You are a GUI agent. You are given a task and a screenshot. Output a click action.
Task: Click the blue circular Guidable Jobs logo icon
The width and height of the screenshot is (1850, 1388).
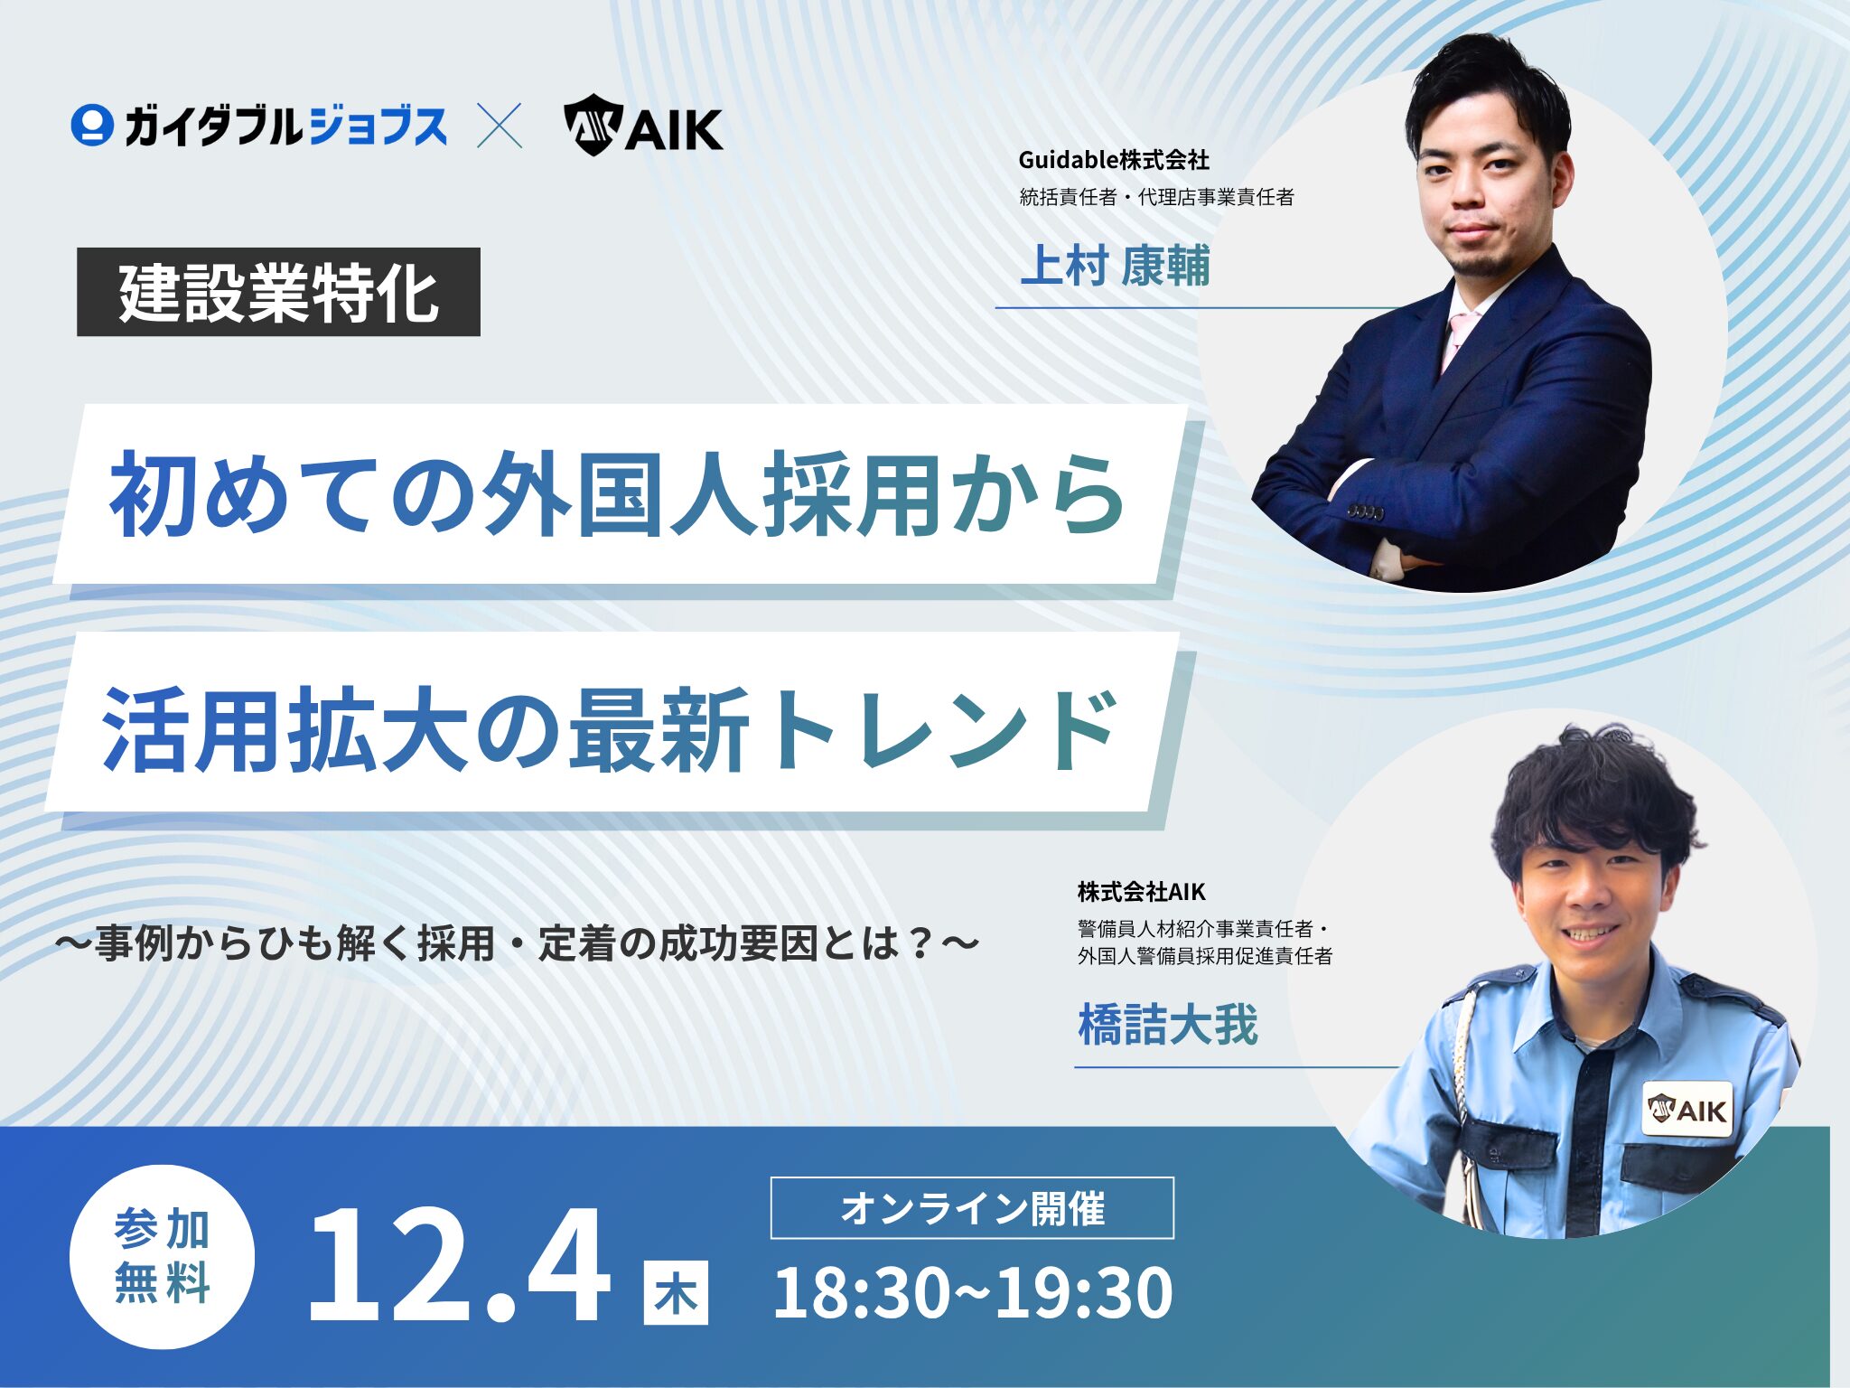point(92,126)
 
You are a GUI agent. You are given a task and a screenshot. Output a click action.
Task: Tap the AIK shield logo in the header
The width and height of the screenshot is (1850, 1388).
point(593,125)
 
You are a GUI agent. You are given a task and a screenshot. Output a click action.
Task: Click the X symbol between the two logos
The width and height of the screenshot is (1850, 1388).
point(500,126)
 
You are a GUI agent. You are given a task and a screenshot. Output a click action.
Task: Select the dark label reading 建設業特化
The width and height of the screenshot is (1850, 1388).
point(278,292)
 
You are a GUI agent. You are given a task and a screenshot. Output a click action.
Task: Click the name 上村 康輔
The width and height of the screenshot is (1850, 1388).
point(1115,266)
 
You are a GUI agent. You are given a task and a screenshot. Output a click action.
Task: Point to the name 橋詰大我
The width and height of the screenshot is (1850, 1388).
point(1168,1025)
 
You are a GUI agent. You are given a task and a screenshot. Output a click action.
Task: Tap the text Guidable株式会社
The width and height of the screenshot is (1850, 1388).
point(1114,160)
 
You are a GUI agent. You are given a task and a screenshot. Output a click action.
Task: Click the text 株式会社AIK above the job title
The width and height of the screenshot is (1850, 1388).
point(1142,892)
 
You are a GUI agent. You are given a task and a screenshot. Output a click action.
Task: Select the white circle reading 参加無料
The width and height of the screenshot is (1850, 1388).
point(163,1257)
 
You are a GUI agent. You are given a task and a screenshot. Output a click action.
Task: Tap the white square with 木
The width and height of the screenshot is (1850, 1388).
point(676,1293)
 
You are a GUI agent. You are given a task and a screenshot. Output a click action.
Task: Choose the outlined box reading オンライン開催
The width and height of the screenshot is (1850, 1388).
point(972,1208)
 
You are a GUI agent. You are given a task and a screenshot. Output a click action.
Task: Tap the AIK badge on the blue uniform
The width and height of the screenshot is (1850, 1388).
point(1687,1109)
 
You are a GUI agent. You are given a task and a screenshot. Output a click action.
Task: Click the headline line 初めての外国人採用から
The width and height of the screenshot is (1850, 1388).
point(618,494)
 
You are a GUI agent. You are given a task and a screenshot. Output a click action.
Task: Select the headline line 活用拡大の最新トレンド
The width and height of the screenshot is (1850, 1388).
point(611,730)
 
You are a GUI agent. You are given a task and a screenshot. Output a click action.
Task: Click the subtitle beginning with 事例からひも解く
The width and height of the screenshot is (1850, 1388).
point(518,943)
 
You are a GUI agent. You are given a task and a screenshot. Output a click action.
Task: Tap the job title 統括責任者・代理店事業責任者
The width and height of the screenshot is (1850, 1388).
point(1157,197)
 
